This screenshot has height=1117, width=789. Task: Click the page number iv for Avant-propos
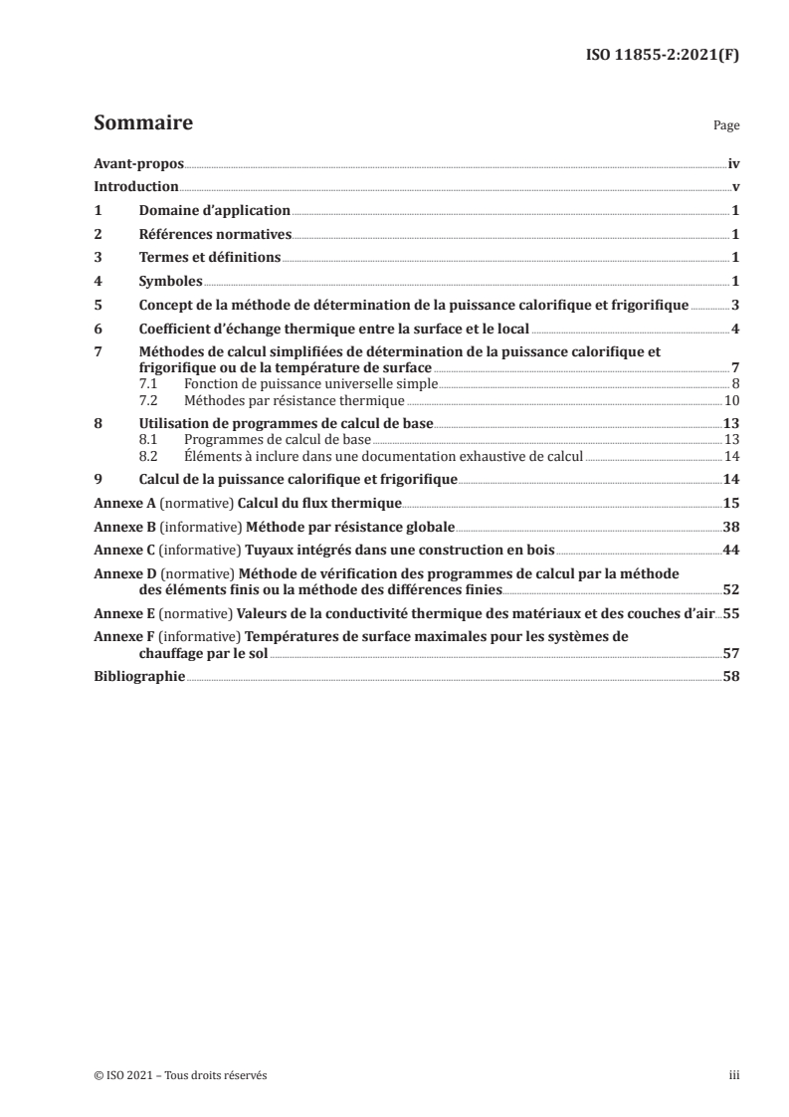coord(733,163)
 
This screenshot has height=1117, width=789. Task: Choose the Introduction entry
coord(135,187)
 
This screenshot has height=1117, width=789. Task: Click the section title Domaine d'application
coord(214,211)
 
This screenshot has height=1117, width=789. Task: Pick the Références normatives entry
coord(215,234)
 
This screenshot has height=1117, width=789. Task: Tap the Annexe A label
coord(122,505)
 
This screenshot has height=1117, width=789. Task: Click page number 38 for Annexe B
coord(731,528)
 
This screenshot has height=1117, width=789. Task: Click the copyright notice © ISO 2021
coord(173,1074)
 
